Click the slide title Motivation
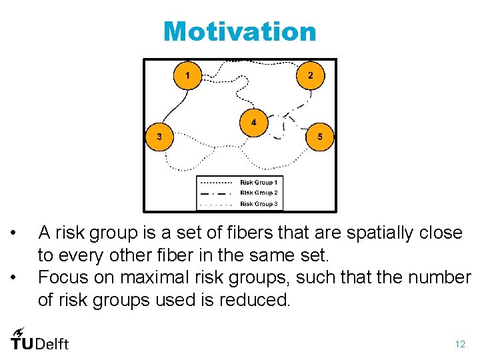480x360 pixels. point(240,31)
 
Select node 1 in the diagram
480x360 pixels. point(187,75)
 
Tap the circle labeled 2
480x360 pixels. point(310,75)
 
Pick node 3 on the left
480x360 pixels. point(159,137)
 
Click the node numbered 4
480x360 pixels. point(253,123)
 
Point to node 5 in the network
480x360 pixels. point(320,137)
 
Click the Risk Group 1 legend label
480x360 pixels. point(259,182)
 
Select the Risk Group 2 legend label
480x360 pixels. point(259,193)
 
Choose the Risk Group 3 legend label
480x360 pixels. point(259,204)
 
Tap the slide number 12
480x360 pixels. point(460,345)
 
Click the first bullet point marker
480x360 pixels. point(12,233)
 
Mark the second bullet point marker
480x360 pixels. point(12,277)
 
